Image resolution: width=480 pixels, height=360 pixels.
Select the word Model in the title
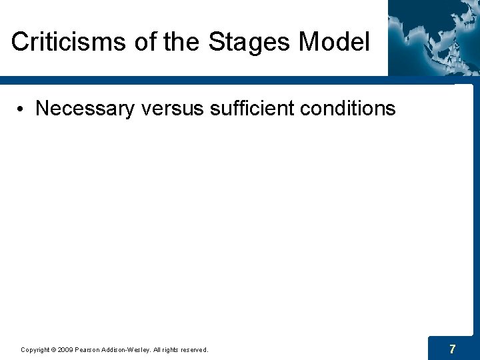point(334,42)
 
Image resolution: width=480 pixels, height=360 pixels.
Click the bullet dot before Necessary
point(23,109)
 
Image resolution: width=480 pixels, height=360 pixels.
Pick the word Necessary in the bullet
point(85,109)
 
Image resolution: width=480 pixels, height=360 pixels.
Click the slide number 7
point(453,349)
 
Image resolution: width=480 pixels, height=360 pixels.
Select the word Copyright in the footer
point(35,349)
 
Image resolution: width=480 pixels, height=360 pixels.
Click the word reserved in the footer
point(193,349)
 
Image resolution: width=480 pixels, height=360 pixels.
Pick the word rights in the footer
point(169,349)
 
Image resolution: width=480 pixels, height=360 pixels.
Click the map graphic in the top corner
point(433,37)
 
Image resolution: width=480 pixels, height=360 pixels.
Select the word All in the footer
point(157,349)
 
